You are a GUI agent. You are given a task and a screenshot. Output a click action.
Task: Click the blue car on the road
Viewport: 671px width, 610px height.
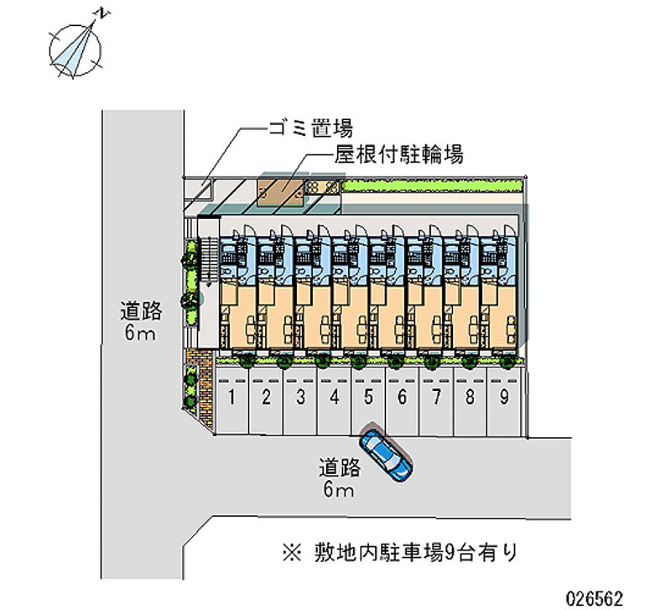pos(386,455)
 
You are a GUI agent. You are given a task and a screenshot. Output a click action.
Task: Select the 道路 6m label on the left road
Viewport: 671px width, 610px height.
pos(140,322)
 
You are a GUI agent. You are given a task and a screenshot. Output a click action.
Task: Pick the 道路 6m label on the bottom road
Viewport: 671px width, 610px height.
pos(340,477)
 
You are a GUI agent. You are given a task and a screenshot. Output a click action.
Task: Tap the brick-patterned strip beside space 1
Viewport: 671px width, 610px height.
pos(201,385)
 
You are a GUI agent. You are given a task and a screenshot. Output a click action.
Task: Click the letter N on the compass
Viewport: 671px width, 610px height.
pos(102,13)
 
